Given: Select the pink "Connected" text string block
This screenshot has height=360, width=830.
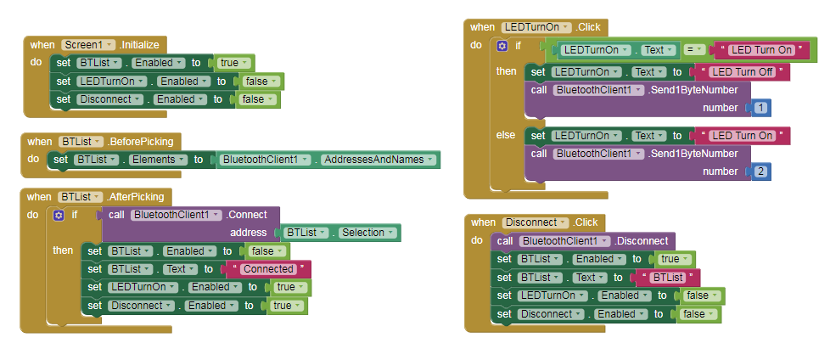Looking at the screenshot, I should click(x=267, y=269).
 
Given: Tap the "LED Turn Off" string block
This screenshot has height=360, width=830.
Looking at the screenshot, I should click(x=741, y=72).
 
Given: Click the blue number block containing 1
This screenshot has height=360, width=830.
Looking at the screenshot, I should click(x=760, y=108).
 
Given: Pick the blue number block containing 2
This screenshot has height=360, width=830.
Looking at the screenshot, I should click(x=760, y=172).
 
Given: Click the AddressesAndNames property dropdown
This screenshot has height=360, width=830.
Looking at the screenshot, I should click(x=378, y=159).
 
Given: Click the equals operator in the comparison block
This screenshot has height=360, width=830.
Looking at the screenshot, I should click(x=689, y=50).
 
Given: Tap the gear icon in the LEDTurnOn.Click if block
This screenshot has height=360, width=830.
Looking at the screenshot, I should click(x=502, y=46).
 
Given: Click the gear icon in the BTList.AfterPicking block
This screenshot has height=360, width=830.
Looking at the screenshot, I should click(x=58, y=216).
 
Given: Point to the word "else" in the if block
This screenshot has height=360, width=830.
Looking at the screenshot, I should click(x=505, y=135).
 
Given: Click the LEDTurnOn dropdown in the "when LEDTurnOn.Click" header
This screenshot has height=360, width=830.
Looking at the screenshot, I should click(x=536, y=27).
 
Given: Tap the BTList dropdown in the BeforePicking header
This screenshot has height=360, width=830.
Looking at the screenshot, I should click(x=80, y=141).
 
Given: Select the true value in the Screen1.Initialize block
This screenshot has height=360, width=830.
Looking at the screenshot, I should click(x=232, y=63).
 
